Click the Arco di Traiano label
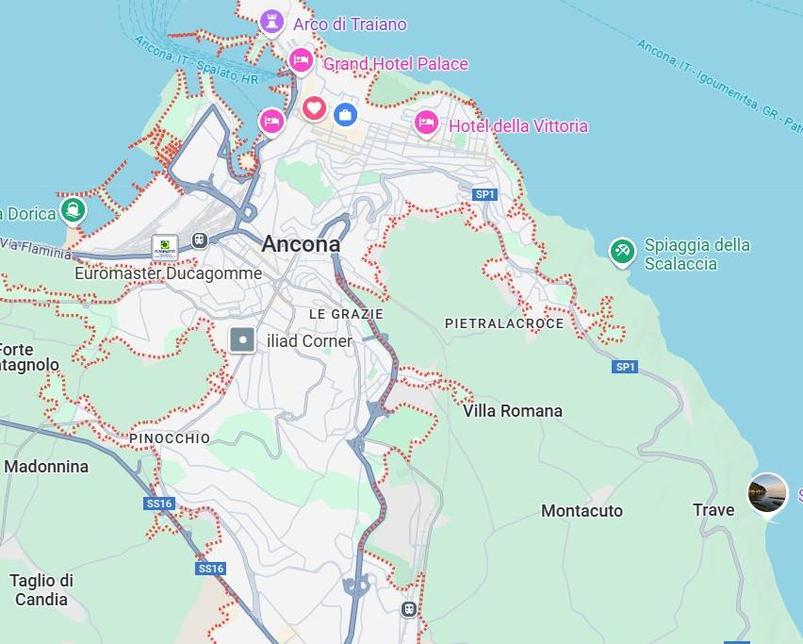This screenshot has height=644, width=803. (x=350, y=25)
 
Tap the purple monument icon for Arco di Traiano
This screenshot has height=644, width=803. (x=271, y=21)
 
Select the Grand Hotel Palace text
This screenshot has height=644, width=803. (x=395, y=64)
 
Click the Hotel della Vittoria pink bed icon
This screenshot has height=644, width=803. (x=426, y=123)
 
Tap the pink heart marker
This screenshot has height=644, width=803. (x=314, y=108)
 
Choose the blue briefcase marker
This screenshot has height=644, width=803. (x=346, y=114)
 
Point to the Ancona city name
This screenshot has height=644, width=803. (x=301, y=244)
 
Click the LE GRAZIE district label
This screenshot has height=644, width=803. (x=346, y=314)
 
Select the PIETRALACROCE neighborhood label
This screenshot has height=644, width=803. (x=504, y=323)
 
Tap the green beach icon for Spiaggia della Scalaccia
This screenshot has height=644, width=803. (x=621, y=251)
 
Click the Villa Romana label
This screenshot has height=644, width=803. (x=512, y=411)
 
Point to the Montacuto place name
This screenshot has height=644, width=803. (x=582, y=511)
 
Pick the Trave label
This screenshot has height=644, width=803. (x=713, y=510)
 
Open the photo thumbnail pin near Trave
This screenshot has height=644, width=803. (x=767, y=493)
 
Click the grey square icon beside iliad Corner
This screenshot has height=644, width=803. (x=243, y=339)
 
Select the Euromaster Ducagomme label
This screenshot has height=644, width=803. (x=169, y=273)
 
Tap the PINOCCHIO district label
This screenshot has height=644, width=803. (x=170, y=439)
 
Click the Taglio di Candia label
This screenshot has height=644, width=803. (x=41, y=590)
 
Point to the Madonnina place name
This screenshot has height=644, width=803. (x=46, y=467)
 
